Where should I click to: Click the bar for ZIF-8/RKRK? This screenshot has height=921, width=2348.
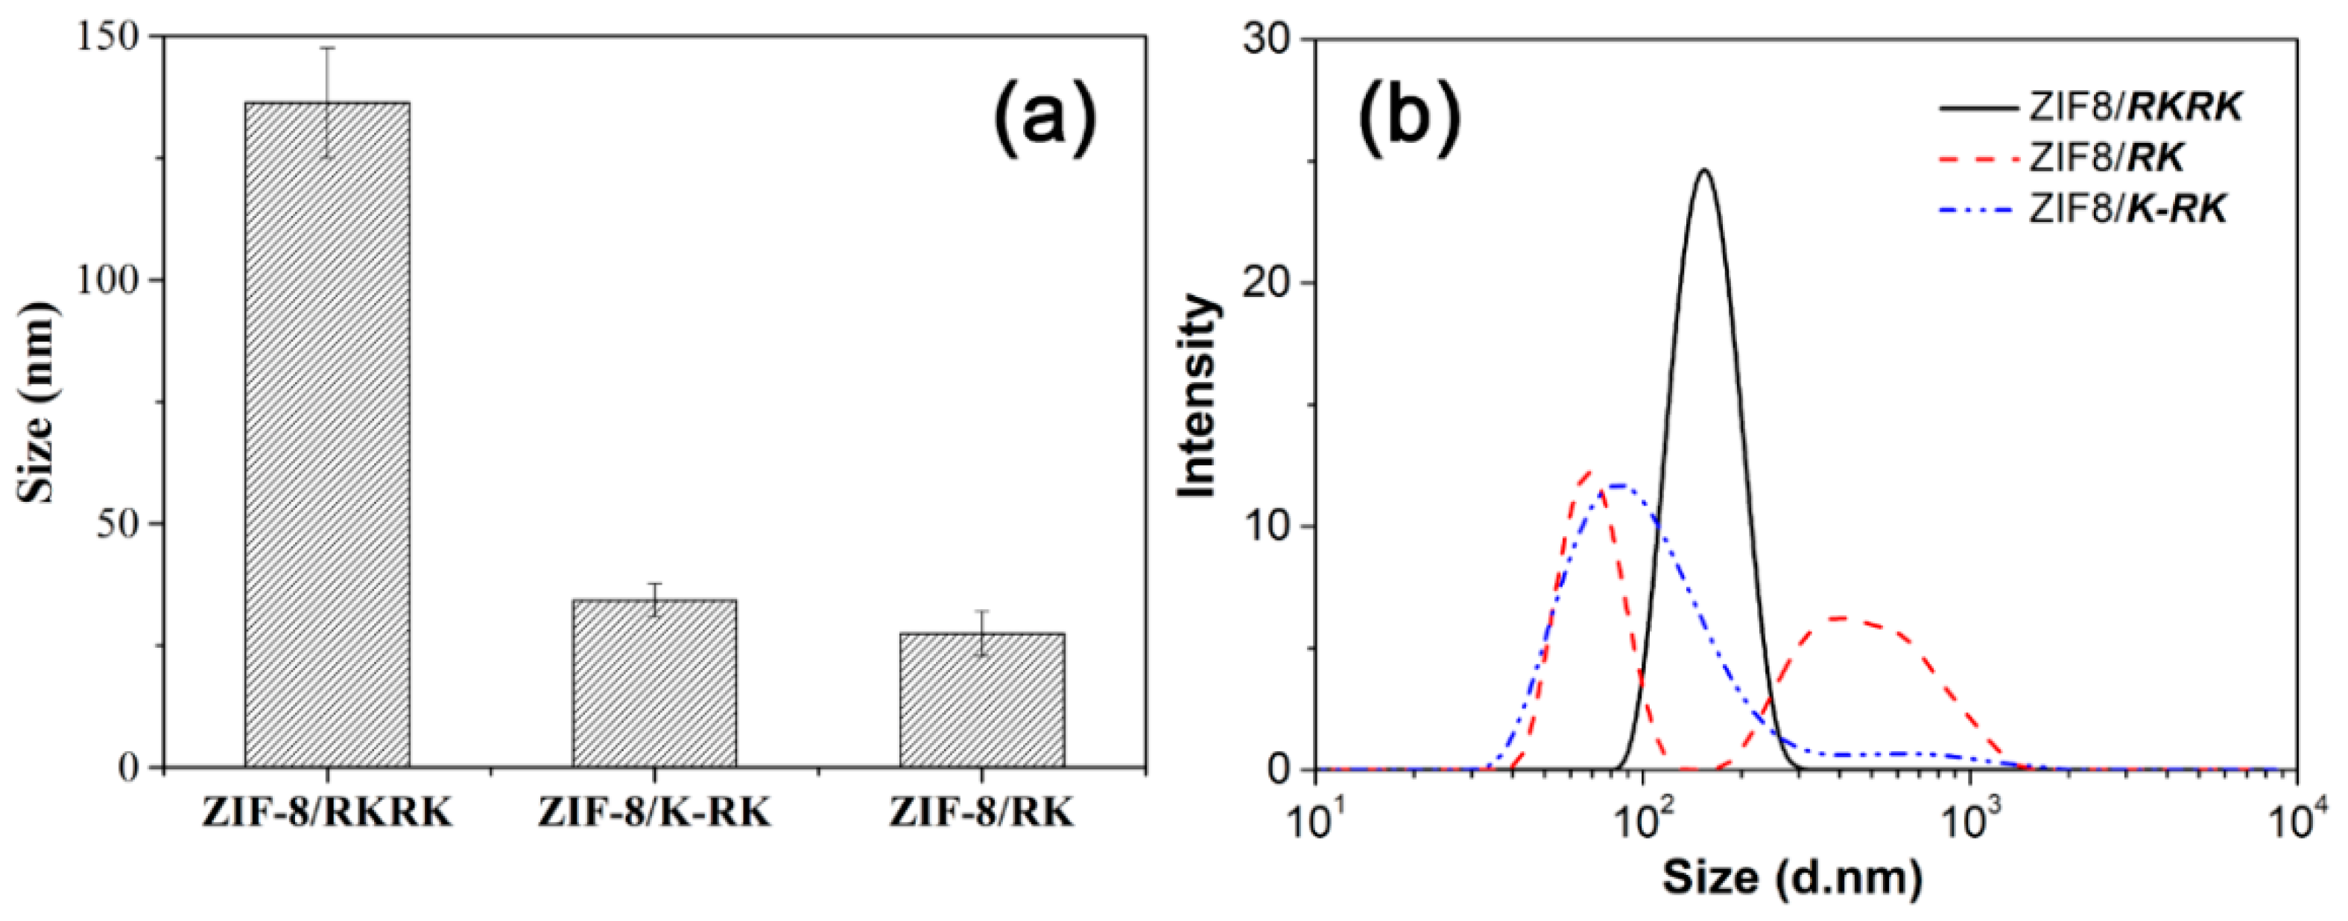[326, 437]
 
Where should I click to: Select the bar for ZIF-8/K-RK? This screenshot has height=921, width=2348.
[654, 683]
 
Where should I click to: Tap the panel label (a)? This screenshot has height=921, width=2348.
[1045, 119]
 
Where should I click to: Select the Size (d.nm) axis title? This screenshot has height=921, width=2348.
[1792, 878]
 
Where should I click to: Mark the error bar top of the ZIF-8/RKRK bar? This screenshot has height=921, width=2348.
[327, 48]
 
